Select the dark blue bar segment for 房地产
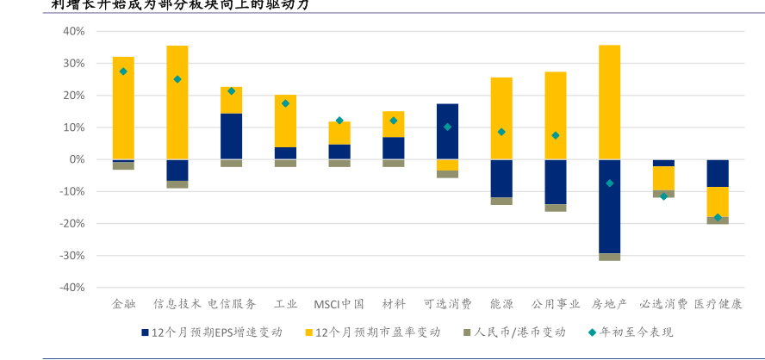coord(609,207)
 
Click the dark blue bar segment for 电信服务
coord(231,136)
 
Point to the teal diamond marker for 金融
coord(123,71)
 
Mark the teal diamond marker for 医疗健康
coord(718,217)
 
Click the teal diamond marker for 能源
coord(501,132)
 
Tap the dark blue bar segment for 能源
coord(501,178)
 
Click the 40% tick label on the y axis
coord(73,31)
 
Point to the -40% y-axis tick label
coord(72,288)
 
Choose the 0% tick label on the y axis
coord(76,159)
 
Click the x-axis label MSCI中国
coord(339,304)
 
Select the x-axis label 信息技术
coord(177,304)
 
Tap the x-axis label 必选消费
coord(663,304)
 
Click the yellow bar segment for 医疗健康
coord(718,202)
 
